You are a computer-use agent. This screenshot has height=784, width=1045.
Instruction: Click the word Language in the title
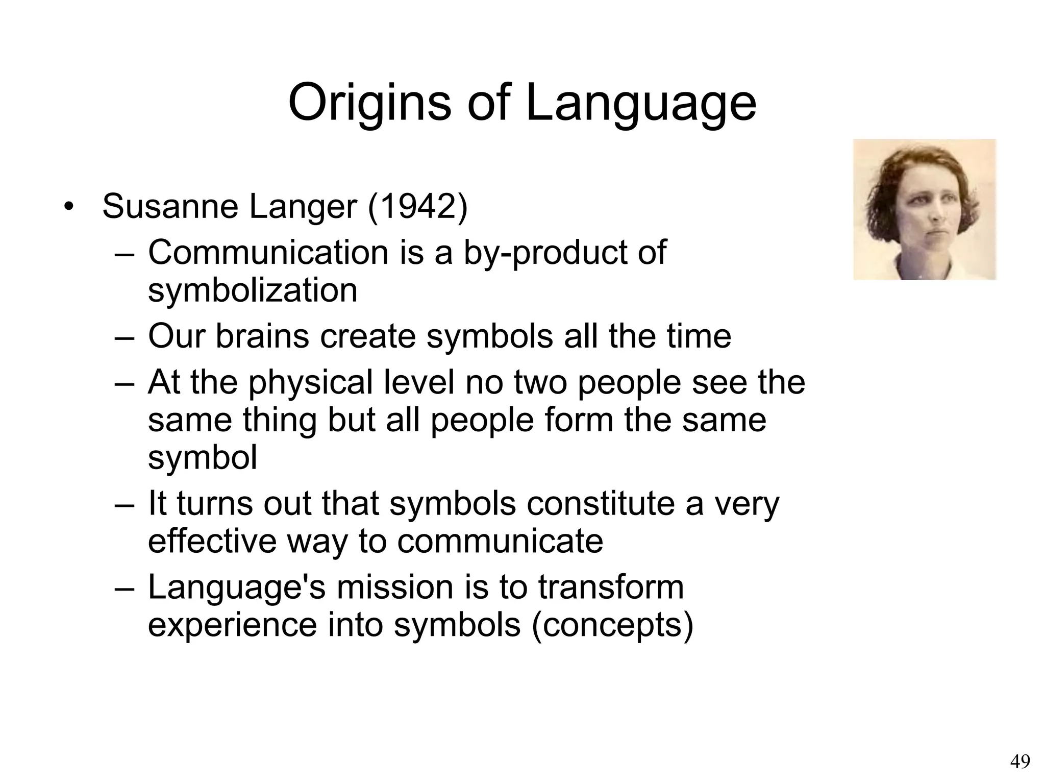(x=641, y=103)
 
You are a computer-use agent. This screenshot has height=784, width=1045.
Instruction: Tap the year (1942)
(x=417, y=207)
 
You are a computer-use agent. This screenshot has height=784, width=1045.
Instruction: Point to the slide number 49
(x=1020, y=762)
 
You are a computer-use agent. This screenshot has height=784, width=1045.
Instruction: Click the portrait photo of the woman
(x=925, y=209)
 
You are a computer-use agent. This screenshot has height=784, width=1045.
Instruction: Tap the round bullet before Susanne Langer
(x=68, y=208)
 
